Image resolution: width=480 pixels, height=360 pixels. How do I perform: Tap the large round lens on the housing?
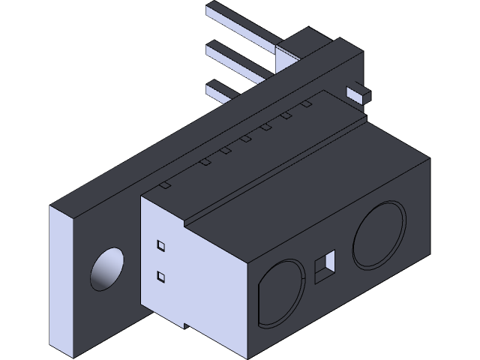click(379, 235)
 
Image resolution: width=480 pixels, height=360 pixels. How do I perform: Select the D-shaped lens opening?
click(279, 293)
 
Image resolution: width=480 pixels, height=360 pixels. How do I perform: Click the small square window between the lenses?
click(325, 265)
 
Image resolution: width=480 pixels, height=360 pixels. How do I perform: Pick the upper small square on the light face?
click(160, 245)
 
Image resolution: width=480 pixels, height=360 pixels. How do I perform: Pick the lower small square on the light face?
click(160, 277)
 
